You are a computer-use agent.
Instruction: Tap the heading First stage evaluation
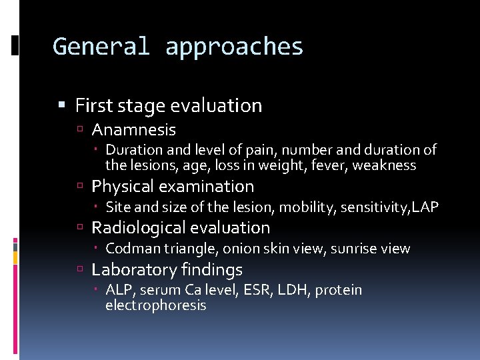click(169, 105)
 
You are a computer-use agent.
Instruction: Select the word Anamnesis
click(133, 129)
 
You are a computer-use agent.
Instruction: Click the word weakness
click(384, 165)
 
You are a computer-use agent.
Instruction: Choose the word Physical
click(121, 187)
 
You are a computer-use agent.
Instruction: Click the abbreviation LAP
click(425, 207)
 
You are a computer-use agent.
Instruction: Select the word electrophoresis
click(156, 305)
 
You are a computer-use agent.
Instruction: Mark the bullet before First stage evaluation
click(62, 105)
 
